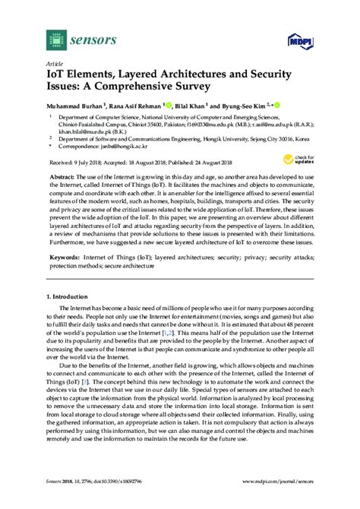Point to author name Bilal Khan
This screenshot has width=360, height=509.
(199, 106)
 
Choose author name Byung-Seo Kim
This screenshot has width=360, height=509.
(251, 106)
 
